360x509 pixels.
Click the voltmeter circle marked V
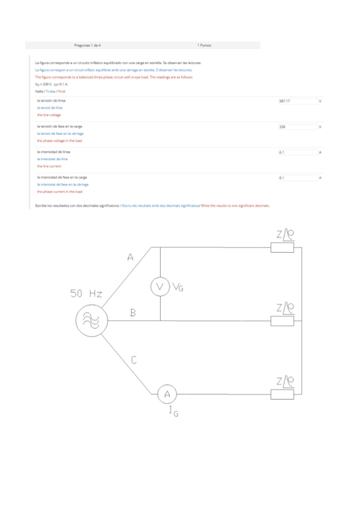[x=160, y=288]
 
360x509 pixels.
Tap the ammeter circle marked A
[x=167, y=394]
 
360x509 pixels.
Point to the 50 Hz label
[x=86, y=294]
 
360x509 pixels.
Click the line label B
[x=133, y=313]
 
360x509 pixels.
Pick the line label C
[x=134, y=360]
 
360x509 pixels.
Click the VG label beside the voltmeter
[x=178, y=288]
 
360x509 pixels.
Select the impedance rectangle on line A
[x=282, y=246]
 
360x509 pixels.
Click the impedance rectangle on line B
[x=282, y=321]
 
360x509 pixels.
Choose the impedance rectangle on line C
[x=282, y=394]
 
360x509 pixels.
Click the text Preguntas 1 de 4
[x=87, y=45]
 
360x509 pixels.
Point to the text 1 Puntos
[x=204, y=45]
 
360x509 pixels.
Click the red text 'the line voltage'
[x=49, y=115]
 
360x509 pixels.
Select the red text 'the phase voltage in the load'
[x=59, y=140]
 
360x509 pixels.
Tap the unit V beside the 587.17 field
[x=320, y=101]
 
